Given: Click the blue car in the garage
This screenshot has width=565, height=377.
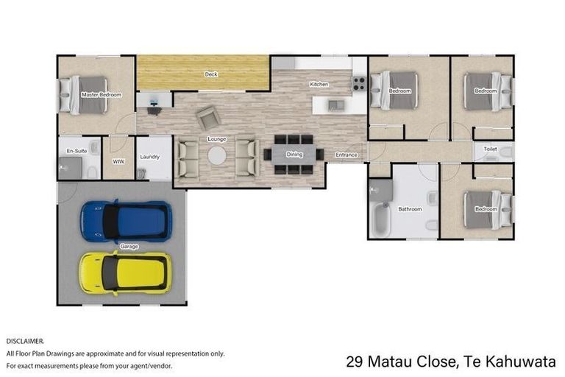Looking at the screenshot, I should [126, 220].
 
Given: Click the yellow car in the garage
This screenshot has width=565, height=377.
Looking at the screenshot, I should [126, 272].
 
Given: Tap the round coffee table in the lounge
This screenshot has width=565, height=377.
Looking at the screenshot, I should [216, 155].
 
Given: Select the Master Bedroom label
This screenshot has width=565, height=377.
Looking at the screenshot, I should [101, 95].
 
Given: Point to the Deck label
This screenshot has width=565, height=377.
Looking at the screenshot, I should [211, 74].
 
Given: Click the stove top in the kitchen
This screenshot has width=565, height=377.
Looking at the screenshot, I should [359, 84].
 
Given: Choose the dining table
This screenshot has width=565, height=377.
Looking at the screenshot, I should [294, 155].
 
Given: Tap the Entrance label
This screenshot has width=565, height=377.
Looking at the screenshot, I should [347, 155].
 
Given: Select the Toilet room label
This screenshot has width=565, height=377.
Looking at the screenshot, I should [490, 149].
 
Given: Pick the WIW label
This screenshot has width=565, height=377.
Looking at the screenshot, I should [118, 160].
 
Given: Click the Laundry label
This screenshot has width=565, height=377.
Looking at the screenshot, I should [150, 157].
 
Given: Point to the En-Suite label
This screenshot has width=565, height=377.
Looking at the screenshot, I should [77, 152].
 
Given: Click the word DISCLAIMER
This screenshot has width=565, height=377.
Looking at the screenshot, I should [25, 342].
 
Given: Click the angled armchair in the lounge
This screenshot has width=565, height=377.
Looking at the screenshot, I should [207, 116].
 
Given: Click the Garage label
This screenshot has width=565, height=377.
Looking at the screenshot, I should [129, 247].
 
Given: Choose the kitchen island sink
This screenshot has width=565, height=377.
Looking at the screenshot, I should [335, 104].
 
